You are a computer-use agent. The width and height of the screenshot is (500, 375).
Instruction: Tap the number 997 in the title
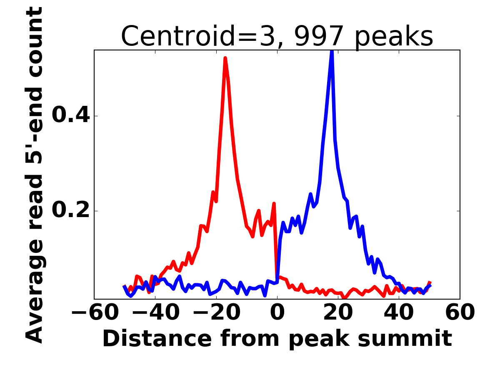(x=319, y=36)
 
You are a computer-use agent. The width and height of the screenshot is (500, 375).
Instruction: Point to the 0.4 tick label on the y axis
(x=71, y=116)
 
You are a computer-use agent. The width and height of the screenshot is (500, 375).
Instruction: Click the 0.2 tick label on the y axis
(x=71, y=211)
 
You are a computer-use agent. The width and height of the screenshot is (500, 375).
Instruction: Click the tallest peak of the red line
(x=225, y=58)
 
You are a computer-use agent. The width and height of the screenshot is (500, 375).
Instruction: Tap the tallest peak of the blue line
(x=332, y=51)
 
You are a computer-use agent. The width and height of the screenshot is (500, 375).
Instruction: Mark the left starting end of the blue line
(x=124, y=286)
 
